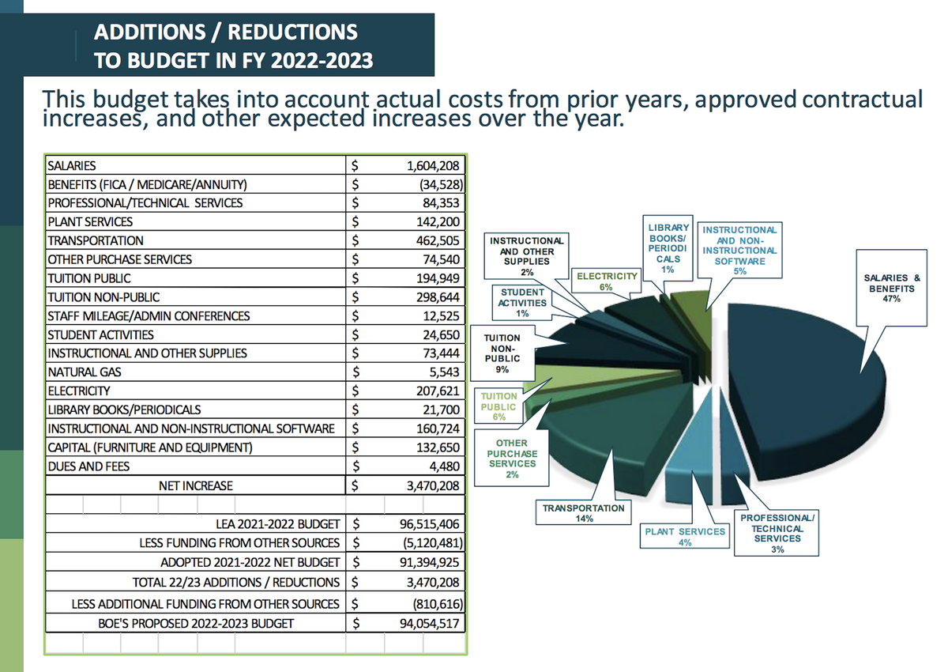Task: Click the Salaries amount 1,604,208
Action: coord(433,165)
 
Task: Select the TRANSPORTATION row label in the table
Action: coord(96,240)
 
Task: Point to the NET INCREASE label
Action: coord(196,485)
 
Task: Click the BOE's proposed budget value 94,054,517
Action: coord(429,623)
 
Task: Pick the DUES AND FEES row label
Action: coord(88,466)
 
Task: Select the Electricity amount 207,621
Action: coord(438,391)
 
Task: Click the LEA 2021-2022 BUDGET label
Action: coord(277,524)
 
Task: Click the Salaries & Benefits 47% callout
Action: coord(891,288)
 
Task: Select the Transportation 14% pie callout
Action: coord(583,512)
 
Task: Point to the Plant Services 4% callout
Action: coord(685,537)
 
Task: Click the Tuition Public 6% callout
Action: coord(498,406)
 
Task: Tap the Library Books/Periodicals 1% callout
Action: coord(668,248)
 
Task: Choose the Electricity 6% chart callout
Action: coord(607,281)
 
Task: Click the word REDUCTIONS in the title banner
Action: coord(293,32)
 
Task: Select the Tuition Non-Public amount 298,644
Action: coord(438,297)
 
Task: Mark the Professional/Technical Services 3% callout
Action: coord(777,533)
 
